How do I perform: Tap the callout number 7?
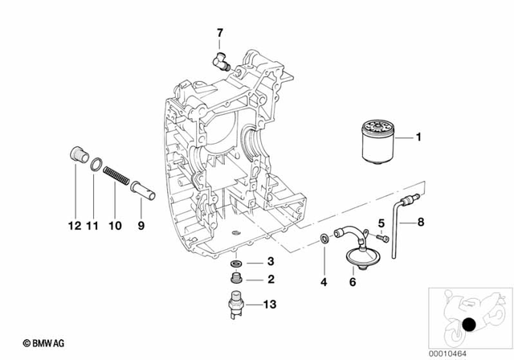[x=218, y=33]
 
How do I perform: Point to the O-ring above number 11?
[x=94, y=166]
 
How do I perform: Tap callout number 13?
[x=271, y=305]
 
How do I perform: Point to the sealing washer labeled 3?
[x=236, y=263]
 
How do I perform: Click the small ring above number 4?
[x=323, y=238]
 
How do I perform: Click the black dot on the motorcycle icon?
[x=469, y=325]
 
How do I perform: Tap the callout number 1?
[x=418, y=138]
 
